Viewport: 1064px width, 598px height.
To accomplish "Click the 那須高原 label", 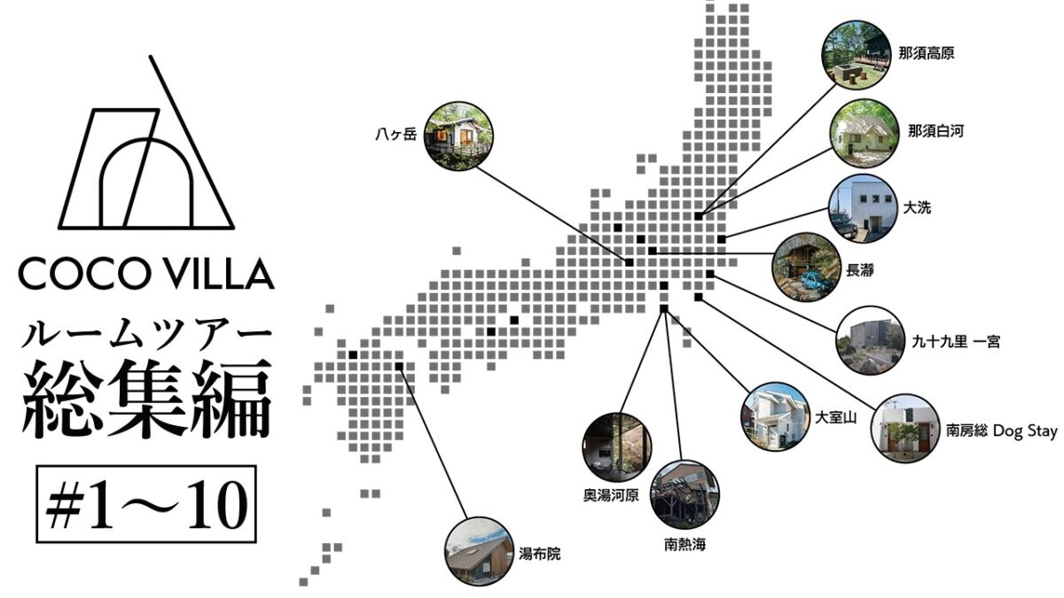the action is [927, 52].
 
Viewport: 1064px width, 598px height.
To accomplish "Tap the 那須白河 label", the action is [935, 130].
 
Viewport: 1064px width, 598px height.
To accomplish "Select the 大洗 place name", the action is [917, 207].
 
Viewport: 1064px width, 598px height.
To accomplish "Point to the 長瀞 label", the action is [860, 270].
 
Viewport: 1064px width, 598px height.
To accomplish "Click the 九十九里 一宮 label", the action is [956, 341].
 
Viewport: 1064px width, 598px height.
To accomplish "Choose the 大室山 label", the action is [835, 417].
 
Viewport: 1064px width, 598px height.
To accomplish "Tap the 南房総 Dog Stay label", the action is [1001, 431].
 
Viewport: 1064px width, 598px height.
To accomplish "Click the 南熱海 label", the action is [685, 544].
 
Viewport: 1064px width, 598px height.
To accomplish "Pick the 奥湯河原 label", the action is [611, 495].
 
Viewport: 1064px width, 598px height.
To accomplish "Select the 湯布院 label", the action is [540, 554].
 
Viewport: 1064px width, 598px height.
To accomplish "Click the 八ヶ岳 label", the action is [395, 135].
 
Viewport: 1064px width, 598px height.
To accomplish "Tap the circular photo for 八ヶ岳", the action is [458, 136].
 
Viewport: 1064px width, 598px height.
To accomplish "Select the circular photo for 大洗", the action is [863, 208].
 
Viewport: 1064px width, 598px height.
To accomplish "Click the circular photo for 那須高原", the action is [856, 55].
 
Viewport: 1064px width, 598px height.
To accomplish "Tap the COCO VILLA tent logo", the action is [147, 143].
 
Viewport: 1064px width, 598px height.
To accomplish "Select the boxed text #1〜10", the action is [146, 504].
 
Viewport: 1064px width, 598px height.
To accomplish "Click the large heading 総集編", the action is [147, 399].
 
